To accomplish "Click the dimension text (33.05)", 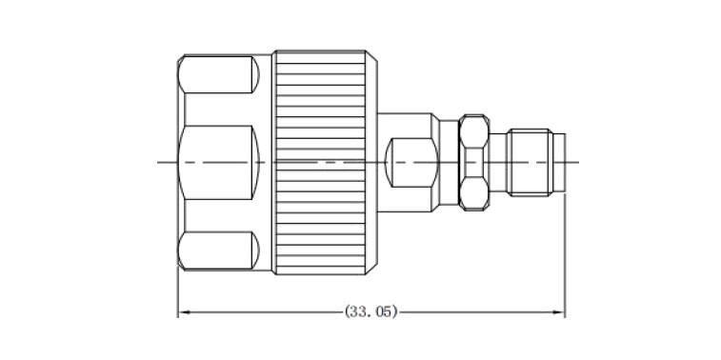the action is point(371,311).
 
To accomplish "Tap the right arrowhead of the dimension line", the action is point(559,312).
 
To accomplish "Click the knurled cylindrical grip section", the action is point(320,162).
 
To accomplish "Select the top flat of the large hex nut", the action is point(218,74).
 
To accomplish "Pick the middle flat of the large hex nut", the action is point(218,162).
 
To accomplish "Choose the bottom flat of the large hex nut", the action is point(218,250).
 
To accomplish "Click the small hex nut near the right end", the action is point(474,162).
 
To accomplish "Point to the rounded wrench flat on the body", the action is point(411,162).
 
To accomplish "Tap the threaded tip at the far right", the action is point(531,162).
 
